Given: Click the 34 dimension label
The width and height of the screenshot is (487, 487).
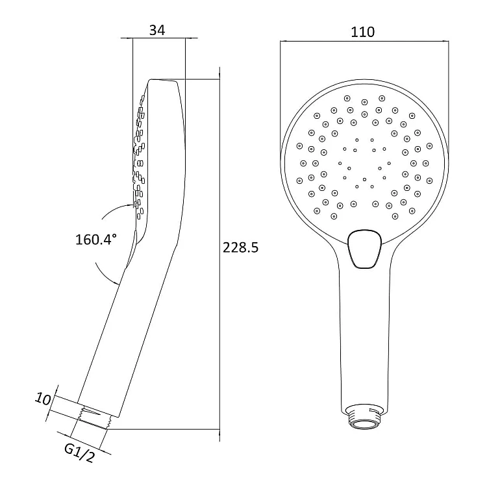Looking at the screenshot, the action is click(x=157, y=30).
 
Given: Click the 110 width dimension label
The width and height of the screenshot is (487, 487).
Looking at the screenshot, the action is click(x=362, y=32).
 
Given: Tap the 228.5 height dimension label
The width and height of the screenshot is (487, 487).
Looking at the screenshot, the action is click(x=240, y=248).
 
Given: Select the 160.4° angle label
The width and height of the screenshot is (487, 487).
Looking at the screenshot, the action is click(x=96, y=240).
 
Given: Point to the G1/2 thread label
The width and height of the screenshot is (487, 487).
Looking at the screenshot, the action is click(x=79, y=453).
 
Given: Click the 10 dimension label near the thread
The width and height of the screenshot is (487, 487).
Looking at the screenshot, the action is click(x=43, y=399).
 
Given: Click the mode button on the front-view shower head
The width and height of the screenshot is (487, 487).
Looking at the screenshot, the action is click(x=365, y=249).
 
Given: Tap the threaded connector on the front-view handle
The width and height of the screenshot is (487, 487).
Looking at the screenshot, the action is click(x=364, y=416).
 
